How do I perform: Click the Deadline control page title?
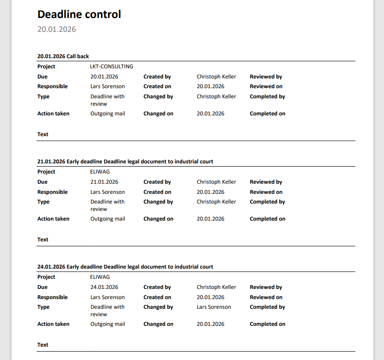point(79,14)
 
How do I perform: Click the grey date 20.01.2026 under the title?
point(57,30)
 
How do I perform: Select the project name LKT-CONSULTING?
point(112,66)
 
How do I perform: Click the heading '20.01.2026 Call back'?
point(63,56)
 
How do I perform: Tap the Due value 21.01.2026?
point(104,182)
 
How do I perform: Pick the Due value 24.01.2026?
point(104,287)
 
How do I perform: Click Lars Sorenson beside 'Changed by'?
point(214,307)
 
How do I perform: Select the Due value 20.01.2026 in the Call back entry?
point(104,77)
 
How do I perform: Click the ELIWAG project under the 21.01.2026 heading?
point(100,172)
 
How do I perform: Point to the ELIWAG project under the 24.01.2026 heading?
point(100,277)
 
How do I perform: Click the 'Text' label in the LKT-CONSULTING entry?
point(43,134)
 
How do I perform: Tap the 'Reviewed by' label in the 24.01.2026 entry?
point(266,287)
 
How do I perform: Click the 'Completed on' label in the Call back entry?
point(267,114)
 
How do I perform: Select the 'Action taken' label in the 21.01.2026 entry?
point(53,219)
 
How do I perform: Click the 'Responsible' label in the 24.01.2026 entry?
point(52,297)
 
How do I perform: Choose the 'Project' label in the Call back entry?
point(46,66)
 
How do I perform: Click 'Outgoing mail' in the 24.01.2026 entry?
point(108,324)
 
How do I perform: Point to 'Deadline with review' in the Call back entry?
point(107,100)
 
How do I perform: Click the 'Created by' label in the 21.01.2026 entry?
point(157,182)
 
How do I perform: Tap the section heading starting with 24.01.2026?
point(125,267)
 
